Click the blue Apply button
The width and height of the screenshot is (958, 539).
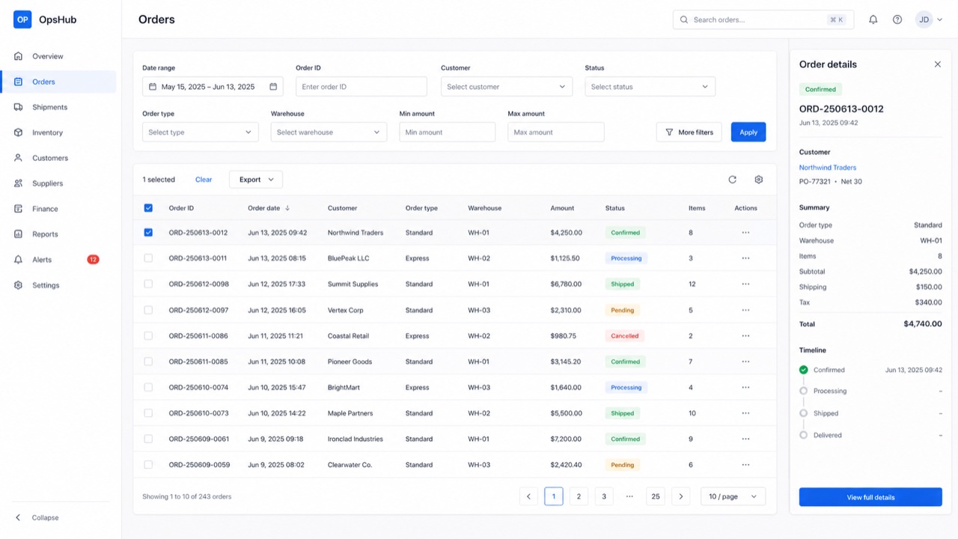[x=748, y=133]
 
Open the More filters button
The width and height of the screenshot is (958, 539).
[x=689, y=133]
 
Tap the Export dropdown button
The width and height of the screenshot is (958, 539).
[x=256, y=180]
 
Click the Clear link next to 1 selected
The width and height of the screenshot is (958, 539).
[x=204, y=180]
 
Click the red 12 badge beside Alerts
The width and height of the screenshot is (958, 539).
[x=93, y=260]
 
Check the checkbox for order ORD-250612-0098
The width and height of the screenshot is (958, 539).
[x=148, y=284]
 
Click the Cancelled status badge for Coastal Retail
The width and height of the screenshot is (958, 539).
[x=624, y=336]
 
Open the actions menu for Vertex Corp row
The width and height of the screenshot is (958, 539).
[x=745, y=310]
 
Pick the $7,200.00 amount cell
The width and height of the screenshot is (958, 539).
[x=566, y=439]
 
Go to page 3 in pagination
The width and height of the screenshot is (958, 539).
[x=604, y=496]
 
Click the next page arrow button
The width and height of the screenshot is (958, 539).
[x=680, y=496]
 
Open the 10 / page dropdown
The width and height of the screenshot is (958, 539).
[x=733, y=496]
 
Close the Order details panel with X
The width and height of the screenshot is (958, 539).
[x=938, y=64]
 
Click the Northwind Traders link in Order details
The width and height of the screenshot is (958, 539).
[x=828, y=168]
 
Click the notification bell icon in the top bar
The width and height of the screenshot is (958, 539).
[x=873, y=19]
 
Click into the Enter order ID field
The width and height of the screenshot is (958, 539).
[x=361, y=86]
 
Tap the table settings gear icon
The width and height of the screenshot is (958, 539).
[x=758, y=180]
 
